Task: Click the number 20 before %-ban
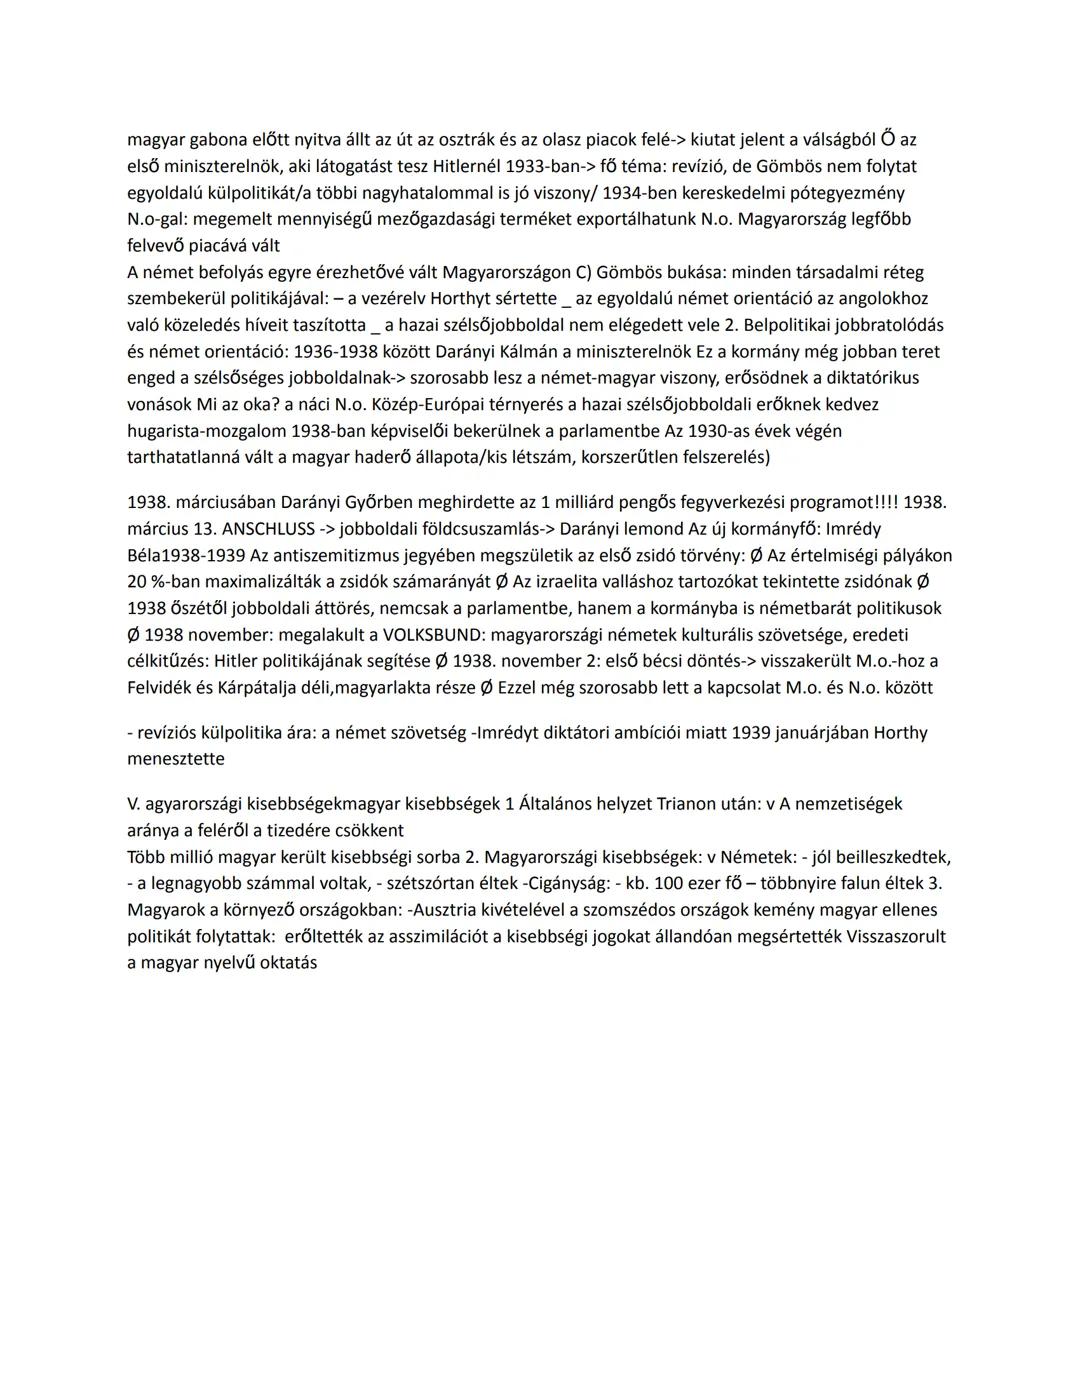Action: (x=137, y=581)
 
